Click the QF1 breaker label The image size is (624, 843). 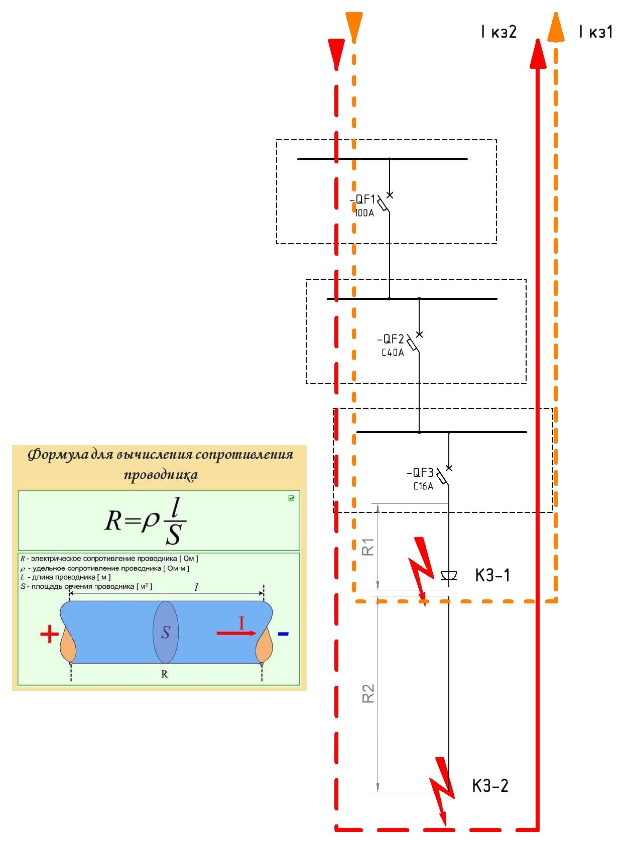(363, 199)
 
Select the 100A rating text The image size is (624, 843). (364, 213)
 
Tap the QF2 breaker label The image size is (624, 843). (391, 339)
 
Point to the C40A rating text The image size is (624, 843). (393, 353)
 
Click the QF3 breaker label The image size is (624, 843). (421, 473)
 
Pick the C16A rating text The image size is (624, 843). (423, 486)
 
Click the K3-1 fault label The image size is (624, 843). (492, 575)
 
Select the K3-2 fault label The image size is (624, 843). (490, 785)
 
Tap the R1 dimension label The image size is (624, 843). (368, 547)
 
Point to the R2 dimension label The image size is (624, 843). (368, 693)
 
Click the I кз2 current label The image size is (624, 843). (498, 32)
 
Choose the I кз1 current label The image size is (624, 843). (596, 32)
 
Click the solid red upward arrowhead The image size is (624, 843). (538, 54)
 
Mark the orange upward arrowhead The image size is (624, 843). (556, 28)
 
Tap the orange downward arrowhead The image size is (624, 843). (354, 26)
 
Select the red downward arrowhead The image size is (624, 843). (336, 52)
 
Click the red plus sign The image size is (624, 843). (49, 634)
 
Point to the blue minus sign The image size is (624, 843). (283, 634)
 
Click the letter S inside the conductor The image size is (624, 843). (166, 633)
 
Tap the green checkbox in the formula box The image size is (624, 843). (291, 498)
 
